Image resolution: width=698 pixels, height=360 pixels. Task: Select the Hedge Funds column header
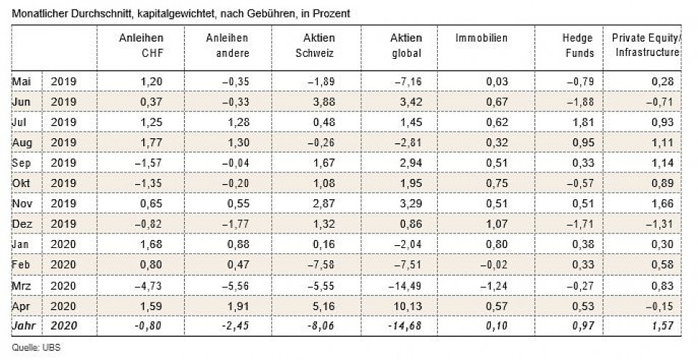579,45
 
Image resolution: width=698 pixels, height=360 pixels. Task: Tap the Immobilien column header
481,38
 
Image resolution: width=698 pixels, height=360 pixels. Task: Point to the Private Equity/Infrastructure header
646,45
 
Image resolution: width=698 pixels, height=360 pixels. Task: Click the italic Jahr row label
23,327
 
